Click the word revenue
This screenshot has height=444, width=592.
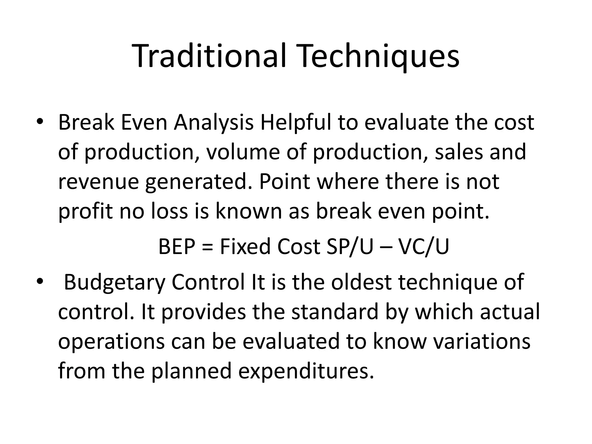pos(97,182)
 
